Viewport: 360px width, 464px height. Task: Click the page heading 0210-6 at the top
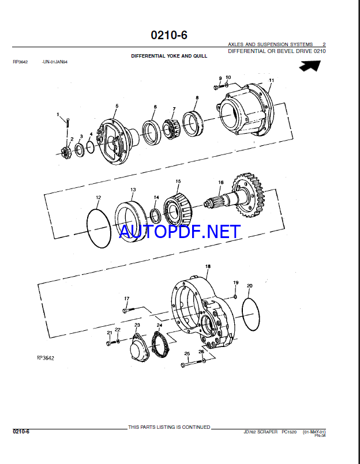[169, 35]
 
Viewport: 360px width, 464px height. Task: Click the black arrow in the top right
[310, 66]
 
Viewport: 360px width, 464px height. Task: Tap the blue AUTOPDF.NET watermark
[179, 232]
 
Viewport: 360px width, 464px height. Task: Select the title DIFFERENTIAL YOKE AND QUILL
[169, 56]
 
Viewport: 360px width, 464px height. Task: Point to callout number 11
[271, 80]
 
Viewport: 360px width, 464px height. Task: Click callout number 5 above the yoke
[117, 105]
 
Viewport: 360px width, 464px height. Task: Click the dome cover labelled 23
[139, 349]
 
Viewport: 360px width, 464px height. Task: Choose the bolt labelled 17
[128, 310]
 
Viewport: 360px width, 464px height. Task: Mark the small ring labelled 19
[235, 296]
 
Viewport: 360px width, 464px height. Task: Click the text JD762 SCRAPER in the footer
[260, 432]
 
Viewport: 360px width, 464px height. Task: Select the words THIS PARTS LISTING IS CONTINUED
[169, 427]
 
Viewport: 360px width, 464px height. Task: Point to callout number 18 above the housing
[208, 266]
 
